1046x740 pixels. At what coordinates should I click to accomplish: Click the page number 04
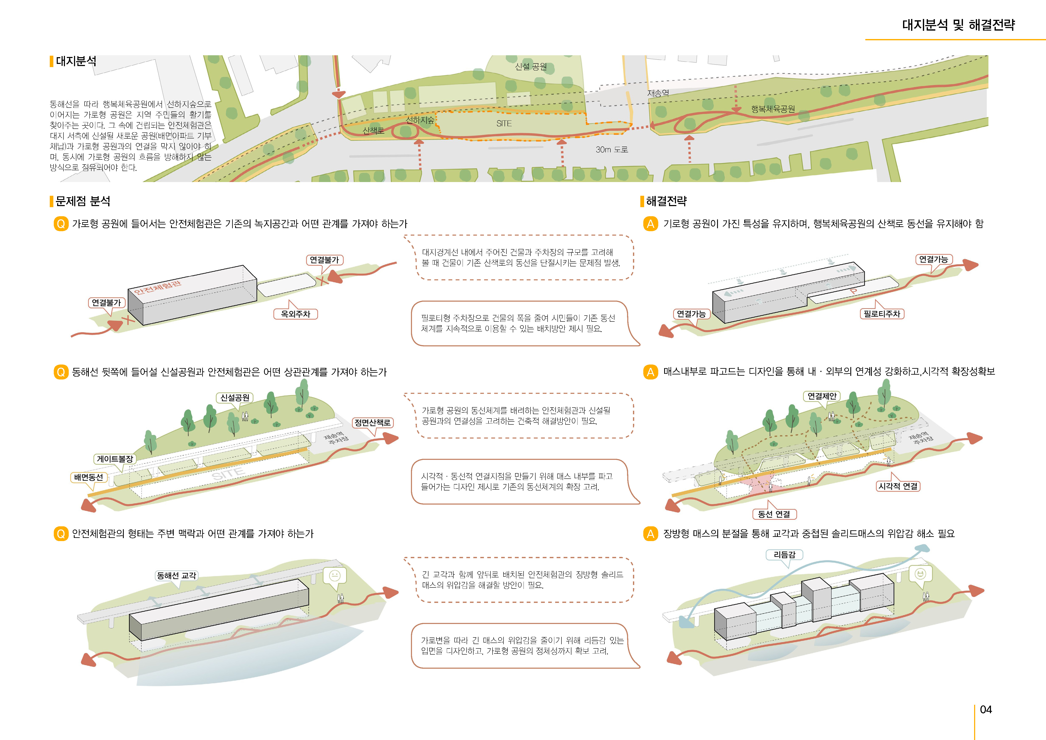985,709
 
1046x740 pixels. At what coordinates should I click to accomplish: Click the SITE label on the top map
504,123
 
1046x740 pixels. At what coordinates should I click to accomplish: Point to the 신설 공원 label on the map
531,66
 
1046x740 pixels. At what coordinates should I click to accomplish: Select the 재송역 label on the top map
658,93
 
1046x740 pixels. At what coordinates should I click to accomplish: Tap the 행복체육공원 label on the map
773,109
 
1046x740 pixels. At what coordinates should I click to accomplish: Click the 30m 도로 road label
611,150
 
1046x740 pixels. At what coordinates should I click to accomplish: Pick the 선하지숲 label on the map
420,120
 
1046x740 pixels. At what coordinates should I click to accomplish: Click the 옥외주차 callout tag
295,314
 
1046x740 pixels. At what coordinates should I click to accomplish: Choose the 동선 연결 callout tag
774,514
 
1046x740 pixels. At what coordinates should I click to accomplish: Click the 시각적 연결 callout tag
898,486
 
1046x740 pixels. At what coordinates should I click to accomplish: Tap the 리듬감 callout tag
784,555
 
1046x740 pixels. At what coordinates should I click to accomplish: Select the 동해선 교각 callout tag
176,575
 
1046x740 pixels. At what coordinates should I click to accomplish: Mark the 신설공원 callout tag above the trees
235,397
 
